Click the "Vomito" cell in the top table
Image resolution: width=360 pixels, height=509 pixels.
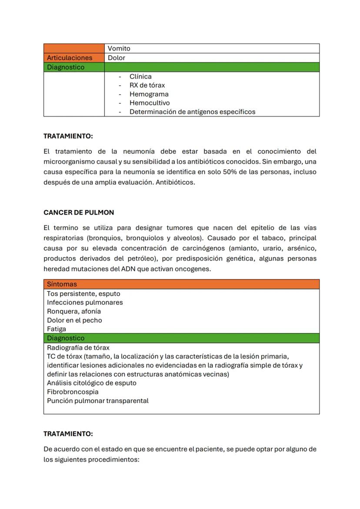coord(119,49)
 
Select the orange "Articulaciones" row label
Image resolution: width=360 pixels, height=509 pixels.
coord(70,58)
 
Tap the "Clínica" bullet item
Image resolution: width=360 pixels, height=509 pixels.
coord(140,77)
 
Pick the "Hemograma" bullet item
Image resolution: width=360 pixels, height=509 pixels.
coord(149,94)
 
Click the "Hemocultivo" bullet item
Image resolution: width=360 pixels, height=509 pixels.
coord(150,103)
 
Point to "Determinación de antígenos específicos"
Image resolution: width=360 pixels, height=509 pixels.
coord(192,112)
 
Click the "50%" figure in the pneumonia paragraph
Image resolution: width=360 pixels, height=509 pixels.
coord(230,172)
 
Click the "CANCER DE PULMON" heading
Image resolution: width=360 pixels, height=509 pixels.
coord(79,213)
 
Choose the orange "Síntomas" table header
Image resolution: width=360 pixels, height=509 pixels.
coord(62,284)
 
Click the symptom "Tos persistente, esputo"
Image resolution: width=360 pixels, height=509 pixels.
coord(83,294)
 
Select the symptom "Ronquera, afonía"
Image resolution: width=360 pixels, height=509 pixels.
coord(74,312)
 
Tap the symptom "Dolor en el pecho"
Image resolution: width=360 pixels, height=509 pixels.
coord(74,320)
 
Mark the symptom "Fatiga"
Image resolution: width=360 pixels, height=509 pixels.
coord(57,329)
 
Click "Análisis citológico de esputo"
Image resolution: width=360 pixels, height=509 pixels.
coord(92,383)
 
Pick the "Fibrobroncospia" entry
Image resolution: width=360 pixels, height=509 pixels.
coord(73,392)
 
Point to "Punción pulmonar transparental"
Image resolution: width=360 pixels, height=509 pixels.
coord(98,401)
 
